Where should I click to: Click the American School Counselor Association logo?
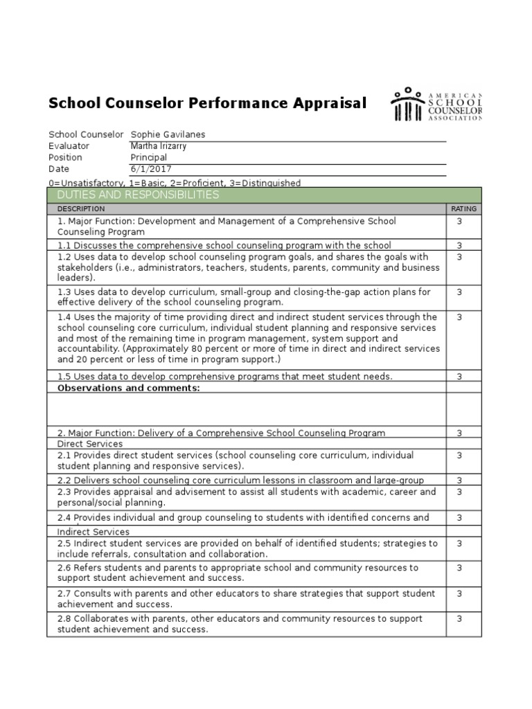tap(436, 104)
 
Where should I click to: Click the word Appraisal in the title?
tap(330, 103)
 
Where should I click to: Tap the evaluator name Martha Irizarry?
tap(159, 146)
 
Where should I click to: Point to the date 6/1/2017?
tap(151, 169)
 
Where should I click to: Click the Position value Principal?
tap(149, 157)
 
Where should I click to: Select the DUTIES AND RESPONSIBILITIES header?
tap(138, 195)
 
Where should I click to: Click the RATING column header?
tap(463, 208)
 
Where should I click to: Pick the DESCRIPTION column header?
tap(81, 208)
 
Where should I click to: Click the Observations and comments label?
tap(128, 388)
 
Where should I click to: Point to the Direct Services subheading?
tap(90, 444)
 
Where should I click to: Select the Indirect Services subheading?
tap(93, 532)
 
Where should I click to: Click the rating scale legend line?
tap(175, 183)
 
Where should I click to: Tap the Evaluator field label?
tap(69, 146)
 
